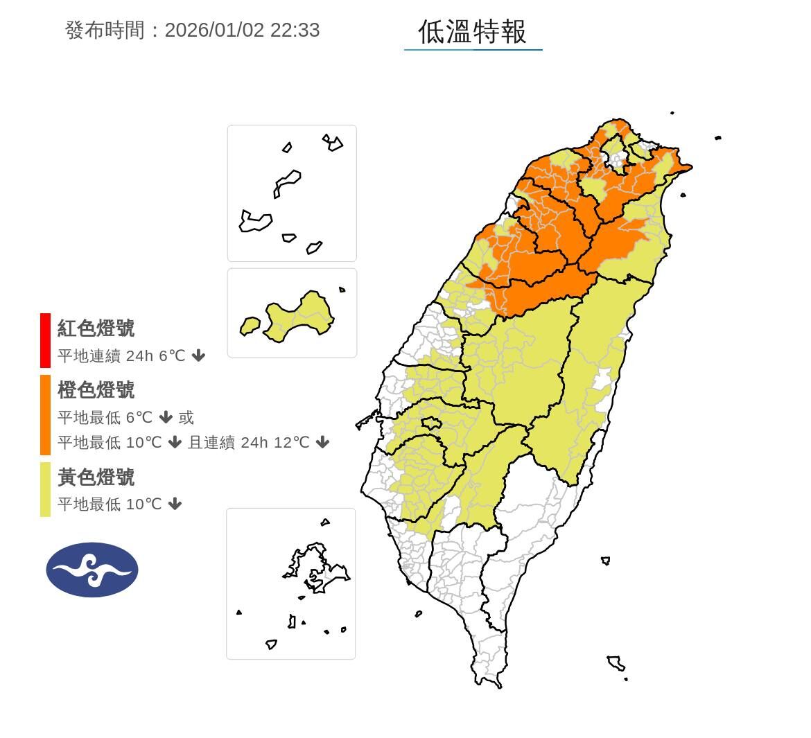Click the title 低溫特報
coord(473,32)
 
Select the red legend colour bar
coord(45,340)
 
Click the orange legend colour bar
coord(45,414)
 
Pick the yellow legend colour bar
coord(45,489)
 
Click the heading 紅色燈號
coord(96,328)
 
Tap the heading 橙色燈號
coord(96,390)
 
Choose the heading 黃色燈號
coord(96,477)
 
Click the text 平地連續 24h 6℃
coord(121,356)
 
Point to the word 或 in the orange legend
coord(186,418)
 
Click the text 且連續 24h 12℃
coord(249,442)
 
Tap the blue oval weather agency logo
coord(92,570)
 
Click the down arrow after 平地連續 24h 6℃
coord(199,356)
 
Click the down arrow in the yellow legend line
coord(175,504)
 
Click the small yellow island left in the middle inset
coord(250,325)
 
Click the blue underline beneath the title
coord(473,50)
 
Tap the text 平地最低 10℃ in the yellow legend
coord(110,504)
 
